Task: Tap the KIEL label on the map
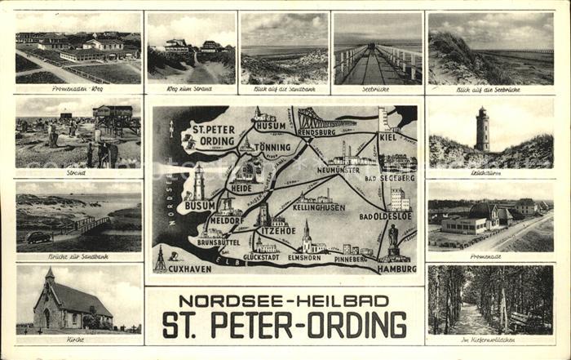(x=388, y=137)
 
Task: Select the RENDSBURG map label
(x=316, y=131)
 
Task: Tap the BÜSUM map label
(x=200, y=207)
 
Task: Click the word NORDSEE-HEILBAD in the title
(x=285, y=300)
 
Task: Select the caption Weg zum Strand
(x=191, y=88)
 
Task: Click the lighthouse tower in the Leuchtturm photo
(x=483, y=130)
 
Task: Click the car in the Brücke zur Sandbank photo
(x=38, y=238)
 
